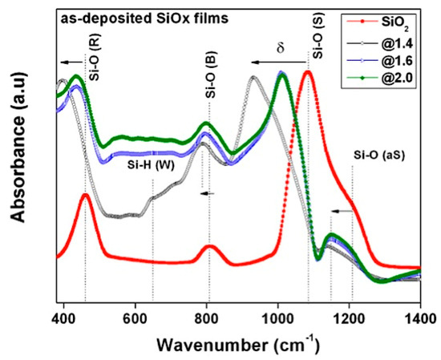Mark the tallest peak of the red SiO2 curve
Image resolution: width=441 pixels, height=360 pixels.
[306, 72]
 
